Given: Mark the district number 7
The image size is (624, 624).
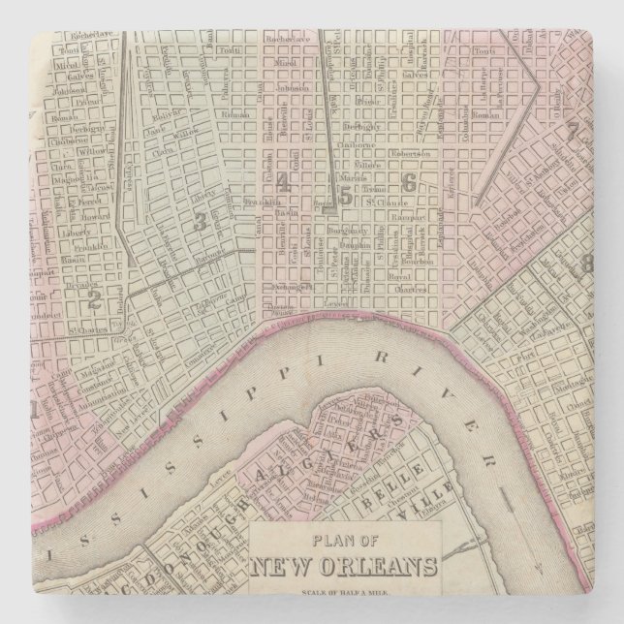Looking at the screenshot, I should tap(573, 130).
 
